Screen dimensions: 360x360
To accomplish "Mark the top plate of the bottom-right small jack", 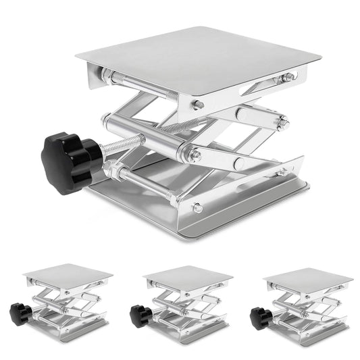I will click(307, 275).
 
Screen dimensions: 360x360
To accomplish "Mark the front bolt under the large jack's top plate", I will click(198, 105).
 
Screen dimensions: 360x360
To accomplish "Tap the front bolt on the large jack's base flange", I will click(197, 208).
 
